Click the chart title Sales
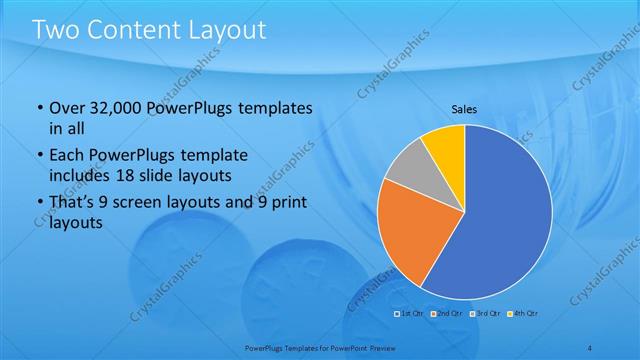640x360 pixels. pyautogui.click(x=464, y=109)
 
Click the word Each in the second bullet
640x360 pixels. pyautogui.click(x=67, y=156)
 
